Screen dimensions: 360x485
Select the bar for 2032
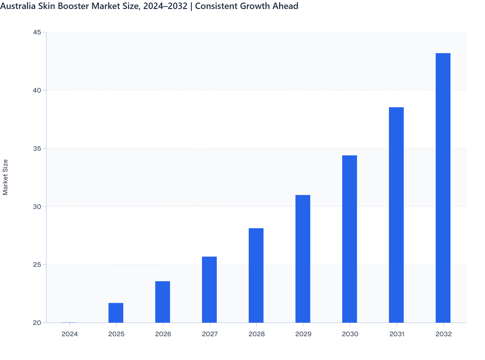click(x=443, y=188)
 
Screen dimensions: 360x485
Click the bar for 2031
click(x=396, y=215)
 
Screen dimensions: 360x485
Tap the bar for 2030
click(x=350, y=239)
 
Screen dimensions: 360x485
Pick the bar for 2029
click(x=303, y=259)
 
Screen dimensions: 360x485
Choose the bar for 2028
click(x=256, y=275)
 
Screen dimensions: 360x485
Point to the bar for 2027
click(x=209, y=290)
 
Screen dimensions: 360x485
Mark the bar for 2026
click(x=162, y=302)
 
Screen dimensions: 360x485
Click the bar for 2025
click(x=116, y=313)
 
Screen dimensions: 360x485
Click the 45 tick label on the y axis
click(x=37, y=32)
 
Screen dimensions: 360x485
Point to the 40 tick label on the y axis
click(x=37, y=90)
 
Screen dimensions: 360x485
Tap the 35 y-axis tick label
click(x=37, y=148)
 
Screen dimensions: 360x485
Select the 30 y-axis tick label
click(x=37, y=206)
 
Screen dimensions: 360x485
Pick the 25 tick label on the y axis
click(x=37, y=265)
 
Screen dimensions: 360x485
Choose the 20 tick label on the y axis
click(x=37, y=323)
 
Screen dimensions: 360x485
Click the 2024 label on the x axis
click(x=69, y=334)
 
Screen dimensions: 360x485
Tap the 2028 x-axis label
click(x=256, y=334)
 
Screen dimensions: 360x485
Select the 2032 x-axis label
click(x=444, y=334)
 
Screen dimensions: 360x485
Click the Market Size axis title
click(x=5, y=177)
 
